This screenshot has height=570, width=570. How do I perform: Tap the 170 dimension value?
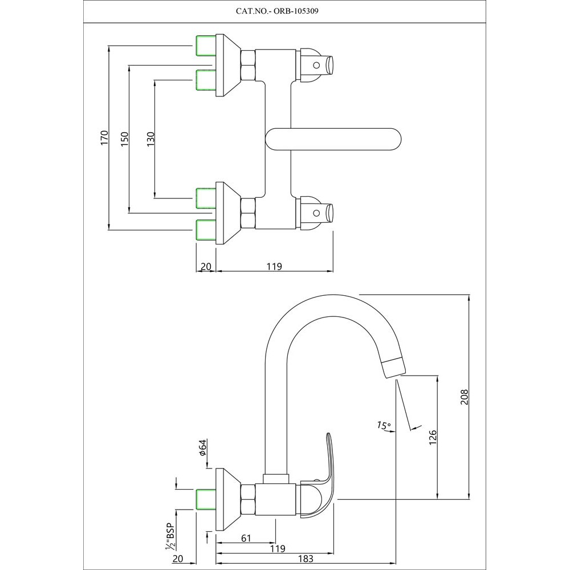(104, 139)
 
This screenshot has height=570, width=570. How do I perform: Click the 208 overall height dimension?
(464, 396)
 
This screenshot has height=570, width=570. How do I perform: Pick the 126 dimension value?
(433, 437)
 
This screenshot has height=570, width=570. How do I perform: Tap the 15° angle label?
(384, 425)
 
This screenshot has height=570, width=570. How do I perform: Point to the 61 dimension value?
(247, 537)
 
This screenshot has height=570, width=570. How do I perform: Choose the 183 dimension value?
(306, 559)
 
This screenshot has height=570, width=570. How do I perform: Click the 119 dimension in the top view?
(275, 266)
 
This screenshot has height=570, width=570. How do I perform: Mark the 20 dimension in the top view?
(206, 266)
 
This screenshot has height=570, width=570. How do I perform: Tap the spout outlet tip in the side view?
(393, 368)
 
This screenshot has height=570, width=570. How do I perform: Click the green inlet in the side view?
(205, 499)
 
